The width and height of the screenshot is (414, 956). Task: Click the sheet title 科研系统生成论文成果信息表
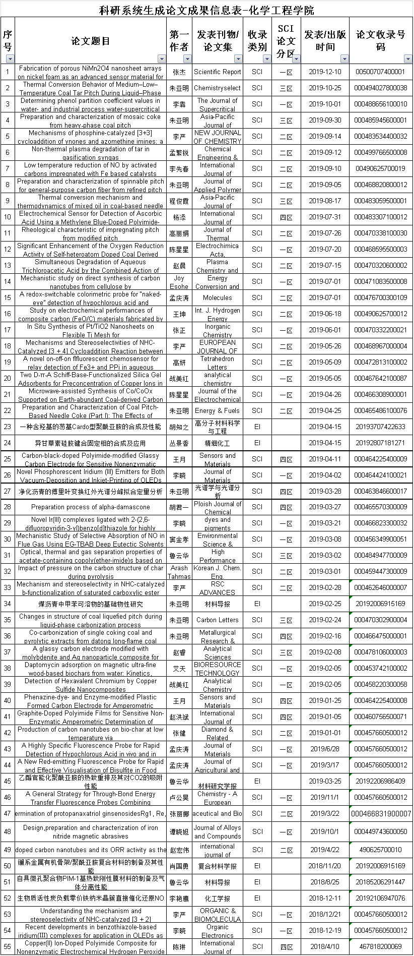point(206,9)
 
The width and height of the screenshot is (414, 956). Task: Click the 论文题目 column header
point(91,40)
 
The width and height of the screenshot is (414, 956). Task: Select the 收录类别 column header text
point(257,40)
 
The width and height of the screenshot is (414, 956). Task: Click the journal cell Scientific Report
point(218,72)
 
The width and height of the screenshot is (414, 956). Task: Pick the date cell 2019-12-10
point(325,72)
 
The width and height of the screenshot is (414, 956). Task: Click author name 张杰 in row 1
point(179,72)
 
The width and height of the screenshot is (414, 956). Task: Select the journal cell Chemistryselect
point(218,88)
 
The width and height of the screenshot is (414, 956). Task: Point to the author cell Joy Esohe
point(179,282)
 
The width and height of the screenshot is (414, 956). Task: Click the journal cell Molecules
point(218,298)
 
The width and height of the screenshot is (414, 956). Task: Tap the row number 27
point(8,492)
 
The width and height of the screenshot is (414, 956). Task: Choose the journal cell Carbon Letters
point(218,620)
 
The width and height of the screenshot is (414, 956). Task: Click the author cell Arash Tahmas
point(179,572)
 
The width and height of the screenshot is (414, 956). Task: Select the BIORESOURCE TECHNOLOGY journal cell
point(218,669)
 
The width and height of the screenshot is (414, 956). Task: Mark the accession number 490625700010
point(381,850)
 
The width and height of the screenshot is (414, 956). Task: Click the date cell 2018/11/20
point(325,866)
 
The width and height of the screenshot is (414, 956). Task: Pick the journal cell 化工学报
point(218,899)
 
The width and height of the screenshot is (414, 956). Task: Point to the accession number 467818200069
point(381,947)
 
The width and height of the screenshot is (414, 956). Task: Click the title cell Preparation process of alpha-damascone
point(91,507)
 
